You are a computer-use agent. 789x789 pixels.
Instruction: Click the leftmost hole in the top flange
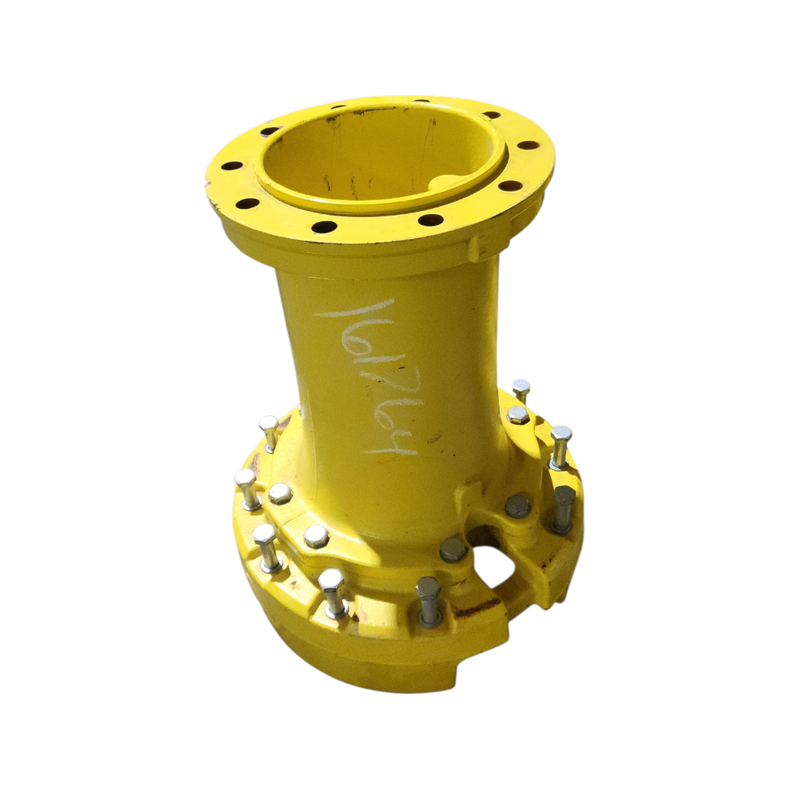230,166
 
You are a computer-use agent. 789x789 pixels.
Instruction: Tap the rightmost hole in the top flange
528,145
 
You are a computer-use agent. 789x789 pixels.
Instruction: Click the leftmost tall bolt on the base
247,489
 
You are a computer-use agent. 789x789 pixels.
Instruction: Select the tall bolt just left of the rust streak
428,600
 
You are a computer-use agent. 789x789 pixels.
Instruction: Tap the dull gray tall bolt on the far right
562,509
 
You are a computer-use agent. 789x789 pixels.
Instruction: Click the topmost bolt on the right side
522,390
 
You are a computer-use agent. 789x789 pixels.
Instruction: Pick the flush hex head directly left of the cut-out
453,549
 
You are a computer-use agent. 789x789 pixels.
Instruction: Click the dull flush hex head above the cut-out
517,505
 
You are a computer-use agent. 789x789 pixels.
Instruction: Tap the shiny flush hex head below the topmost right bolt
518,415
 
